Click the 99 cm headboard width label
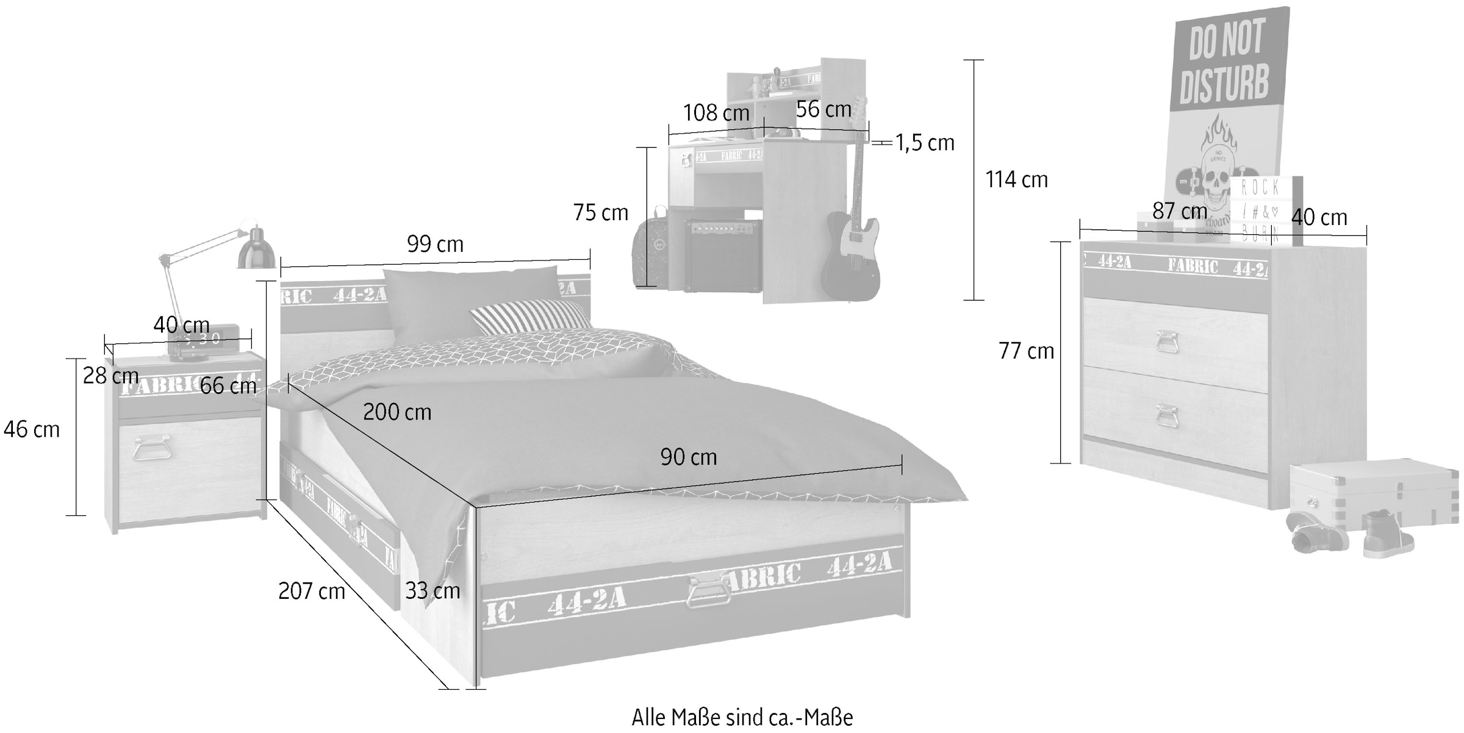435,245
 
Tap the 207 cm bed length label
311,591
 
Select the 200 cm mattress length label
397,413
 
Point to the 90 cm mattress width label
688,457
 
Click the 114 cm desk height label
1016,180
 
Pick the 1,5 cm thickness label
924,143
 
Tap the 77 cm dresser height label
1026,351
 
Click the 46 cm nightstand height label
32,430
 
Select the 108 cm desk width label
716,113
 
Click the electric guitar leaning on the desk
853,244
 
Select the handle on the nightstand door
151,447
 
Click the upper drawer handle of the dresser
1166,341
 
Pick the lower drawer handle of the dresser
1166,416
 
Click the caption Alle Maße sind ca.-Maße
742,718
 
